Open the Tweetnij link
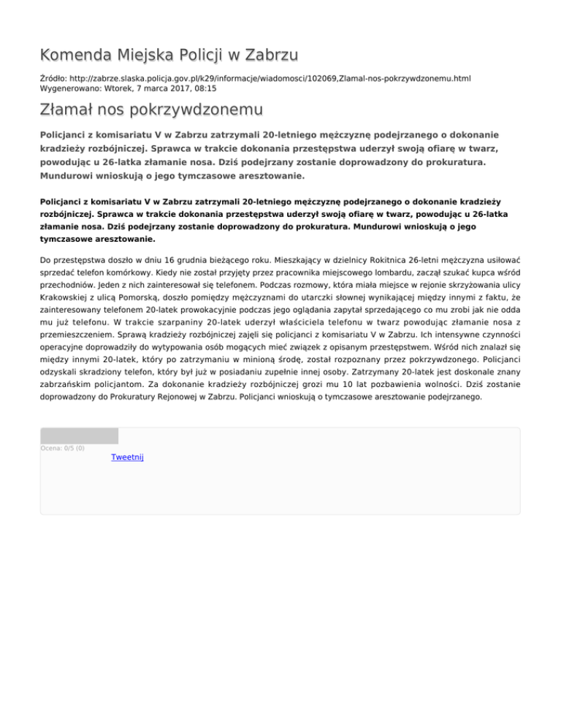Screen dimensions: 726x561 click(127, 456)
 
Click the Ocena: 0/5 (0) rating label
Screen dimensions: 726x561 click(62, 448)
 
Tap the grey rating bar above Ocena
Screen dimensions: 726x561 click(79, 436)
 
